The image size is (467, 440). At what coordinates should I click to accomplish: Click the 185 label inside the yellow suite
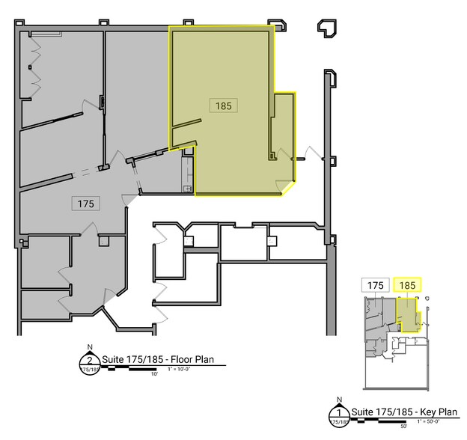[x=223, y=106]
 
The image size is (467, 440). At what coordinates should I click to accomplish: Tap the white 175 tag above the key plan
[x=376, y=285]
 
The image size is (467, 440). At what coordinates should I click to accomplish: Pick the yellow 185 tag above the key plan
[x=408, y=285]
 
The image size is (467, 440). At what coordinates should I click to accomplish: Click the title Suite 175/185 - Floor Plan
[x=157, y=360]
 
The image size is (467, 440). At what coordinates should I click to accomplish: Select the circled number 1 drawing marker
[x=340, y=413]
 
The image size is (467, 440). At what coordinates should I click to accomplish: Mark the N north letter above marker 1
[x=340, y=400]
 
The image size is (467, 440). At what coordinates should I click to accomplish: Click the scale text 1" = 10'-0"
[x=182, y=370]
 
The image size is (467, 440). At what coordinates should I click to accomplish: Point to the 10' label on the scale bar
[x=155, y=373]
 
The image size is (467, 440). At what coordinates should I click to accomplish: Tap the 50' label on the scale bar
[x=403, y=427]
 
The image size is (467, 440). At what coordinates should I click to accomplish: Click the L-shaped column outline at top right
[x=326, y=28]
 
